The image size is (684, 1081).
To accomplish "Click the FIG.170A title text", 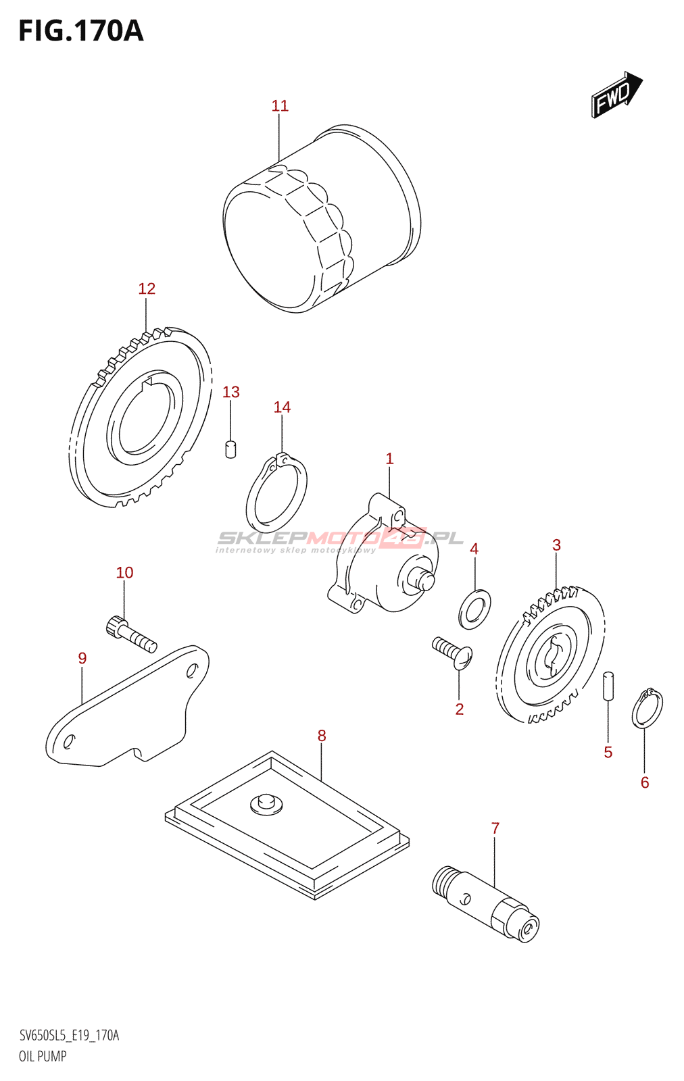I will click(x=81, y=31).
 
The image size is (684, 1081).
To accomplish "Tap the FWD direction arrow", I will click(x=616, y=95).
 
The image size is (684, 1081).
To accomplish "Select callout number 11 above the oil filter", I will click(x=280, y=106).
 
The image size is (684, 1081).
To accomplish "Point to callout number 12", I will click(x=147, y=289).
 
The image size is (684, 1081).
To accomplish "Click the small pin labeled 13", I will click(x=230, y=449).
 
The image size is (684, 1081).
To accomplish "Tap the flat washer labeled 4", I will click(x=474, y=608).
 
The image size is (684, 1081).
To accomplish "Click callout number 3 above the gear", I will click(x=556, y=545).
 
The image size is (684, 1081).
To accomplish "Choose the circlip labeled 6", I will click(x=647, y=709).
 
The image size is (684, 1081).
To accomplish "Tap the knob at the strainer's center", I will click(x=266, y=803).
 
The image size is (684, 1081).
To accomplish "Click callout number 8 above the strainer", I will click(x=322, y=736).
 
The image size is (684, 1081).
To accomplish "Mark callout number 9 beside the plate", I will click(x=82, y=658).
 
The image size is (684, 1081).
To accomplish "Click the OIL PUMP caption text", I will click(x=43, y=1057).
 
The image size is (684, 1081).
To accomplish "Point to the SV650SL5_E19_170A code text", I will click(x=69, y=1036).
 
